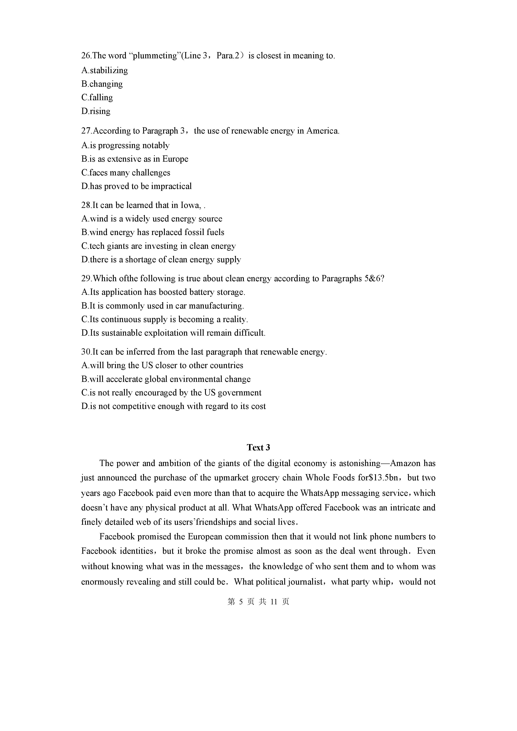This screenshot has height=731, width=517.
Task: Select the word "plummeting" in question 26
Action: [154, 56]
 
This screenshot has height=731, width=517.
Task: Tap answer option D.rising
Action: [96, 111]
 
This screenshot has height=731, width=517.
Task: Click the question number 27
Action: [86, 131]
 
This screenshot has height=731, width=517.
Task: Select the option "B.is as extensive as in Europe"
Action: [135, 159]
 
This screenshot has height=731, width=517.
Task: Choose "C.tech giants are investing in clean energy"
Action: [158, 246]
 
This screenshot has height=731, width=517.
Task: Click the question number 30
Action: [86, 352]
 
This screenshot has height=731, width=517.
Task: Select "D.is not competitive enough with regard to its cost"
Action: [173, 406]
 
